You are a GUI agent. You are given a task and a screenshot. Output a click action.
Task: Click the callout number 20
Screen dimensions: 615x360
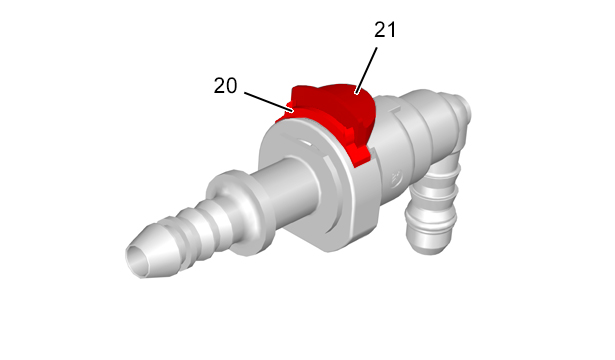(226, 85)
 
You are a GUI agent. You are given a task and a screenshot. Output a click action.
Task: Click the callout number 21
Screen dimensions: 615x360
(385, 30)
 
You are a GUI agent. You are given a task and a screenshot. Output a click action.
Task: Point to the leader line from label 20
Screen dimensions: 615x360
(269, 102)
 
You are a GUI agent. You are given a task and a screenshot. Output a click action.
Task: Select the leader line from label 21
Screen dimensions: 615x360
(366, 71)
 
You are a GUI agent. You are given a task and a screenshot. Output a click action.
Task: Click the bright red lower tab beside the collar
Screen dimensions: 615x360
(359, 155)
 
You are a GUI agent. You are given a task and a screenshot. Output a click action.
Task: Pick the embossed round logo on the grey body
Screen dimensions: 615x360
(395, 178)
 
